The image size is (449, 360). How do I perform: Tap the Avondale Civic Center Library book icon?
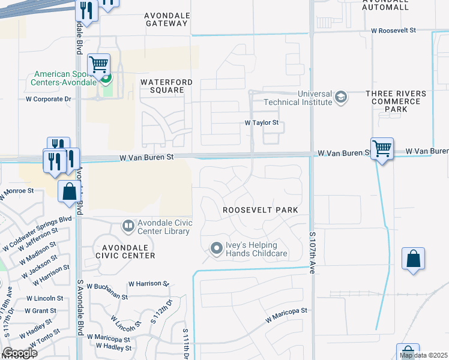127,226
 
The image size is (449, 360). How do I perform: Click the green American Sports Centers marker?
105,77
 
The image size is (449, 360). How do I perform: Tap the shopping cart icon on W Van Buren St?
382,148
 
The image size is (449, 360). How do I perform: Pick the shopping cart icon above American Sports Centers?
98,64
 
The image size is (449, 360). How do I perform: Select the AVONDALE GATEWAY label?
167,19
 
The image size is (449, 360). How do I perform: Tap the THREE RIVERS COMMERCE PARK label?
396,101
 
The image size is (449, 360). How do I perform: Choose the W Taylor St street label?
262,122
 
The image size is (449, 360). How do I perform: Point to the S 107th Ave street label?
312,252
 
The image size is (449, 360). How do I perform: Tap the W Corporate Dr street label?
49,99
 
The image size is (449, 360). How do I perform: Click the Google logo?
20,353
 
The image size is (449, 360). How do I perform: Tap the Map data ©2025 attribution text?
423,355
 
